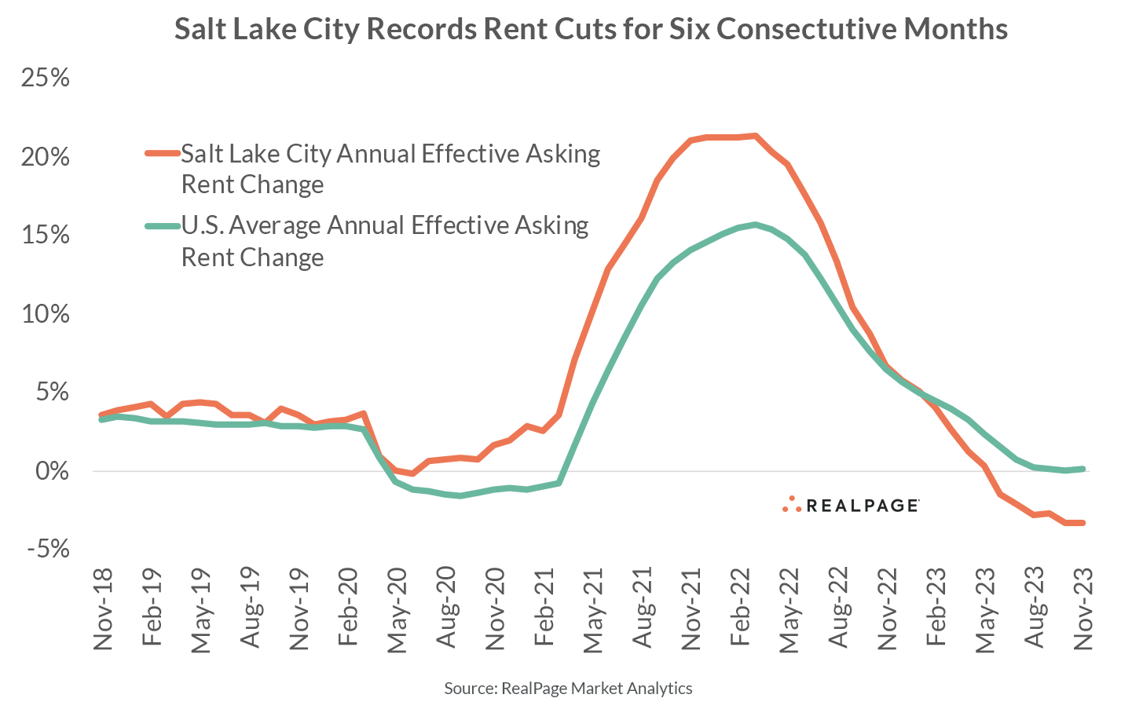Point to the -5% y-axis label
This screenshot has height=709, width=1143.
pos(47,550)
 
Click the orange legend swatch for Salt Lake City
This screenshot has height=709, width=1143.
pos(162,154)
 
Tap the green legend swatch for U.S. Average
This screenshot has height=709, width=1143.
pos(162,226)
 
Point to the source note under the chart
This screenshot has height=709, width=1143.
pos(568,689)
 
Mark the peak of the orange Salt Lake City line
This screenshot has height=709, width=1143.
pos(755,136)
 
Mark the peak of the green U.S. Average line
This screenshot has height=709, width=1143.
pos(755,225)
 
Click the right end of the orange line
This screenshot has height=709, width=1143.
pos(1083,522)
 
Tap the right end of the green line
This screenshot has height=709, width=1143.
pos(1083,469)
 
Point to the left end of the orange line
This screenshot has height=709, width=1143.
pos(101,415)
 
